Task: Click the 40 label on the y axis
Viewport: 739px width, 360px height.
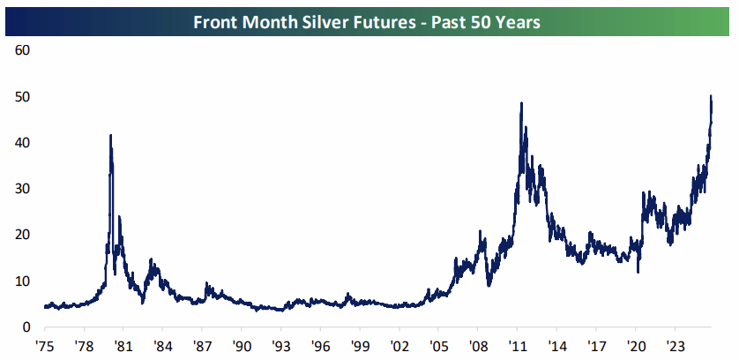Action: (x=24, y=142)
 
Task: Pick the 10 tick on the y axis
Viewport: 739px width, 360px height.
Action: (x=24, y=281)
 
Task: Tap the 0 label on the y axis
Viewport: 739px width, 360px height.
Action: (x=27, y=327)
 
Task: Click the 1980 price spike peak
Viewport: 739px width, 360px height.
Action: (x=110, y=136)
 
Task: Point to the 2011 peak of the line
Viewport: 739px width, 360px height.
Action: (x=521, y=103)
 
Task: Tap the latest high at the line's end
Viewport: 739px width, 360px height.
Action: (x=711, y=96)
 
